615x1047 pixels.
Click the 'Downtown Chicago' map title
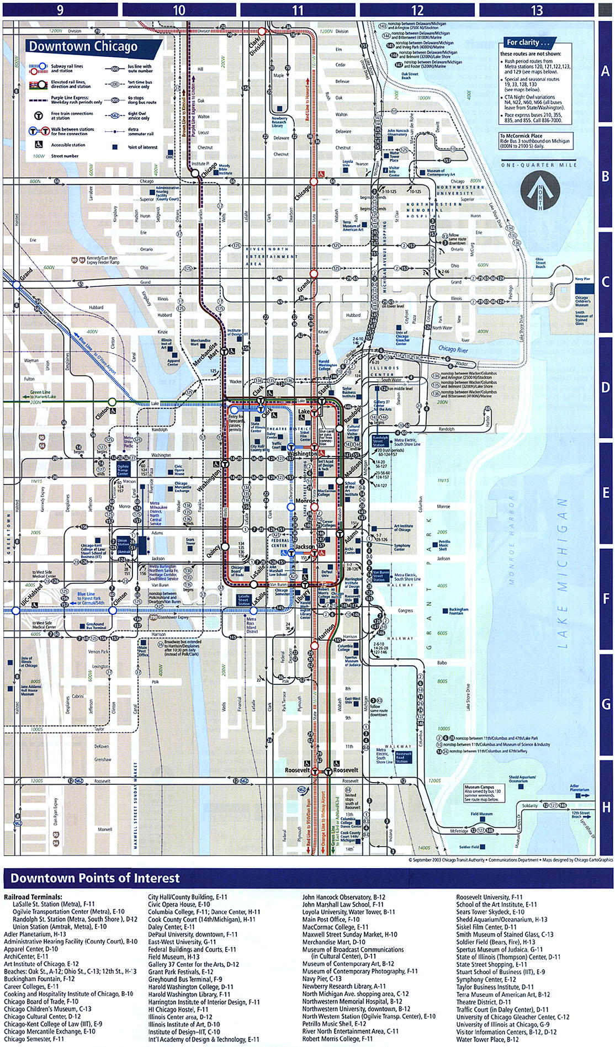83,47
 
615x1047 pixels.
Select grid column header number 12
417,10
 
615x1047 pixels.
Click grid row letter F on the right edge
606,599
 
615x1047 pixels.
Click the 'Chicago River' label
453,349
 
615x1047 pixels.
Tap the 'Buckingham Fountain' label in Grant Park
459,612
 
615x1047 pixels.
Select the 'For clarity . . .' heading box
528,42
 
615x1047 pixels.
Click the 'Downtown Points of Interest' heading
95,878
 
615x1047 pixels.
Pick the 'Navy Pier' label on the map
582,279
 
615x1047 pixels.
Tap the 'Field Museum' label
481,814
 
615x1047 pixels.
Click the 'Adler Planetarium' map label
579,788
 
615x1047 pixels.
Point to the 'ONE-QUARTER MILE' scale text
539,165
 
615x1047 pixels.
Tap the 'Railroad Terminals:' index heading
33,897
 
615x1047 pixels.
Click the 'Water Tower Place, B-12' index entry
487,1039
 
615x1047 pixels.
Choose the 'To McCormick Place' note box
536,141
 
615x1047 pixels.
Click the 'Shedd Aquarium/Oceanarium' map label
522,779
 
